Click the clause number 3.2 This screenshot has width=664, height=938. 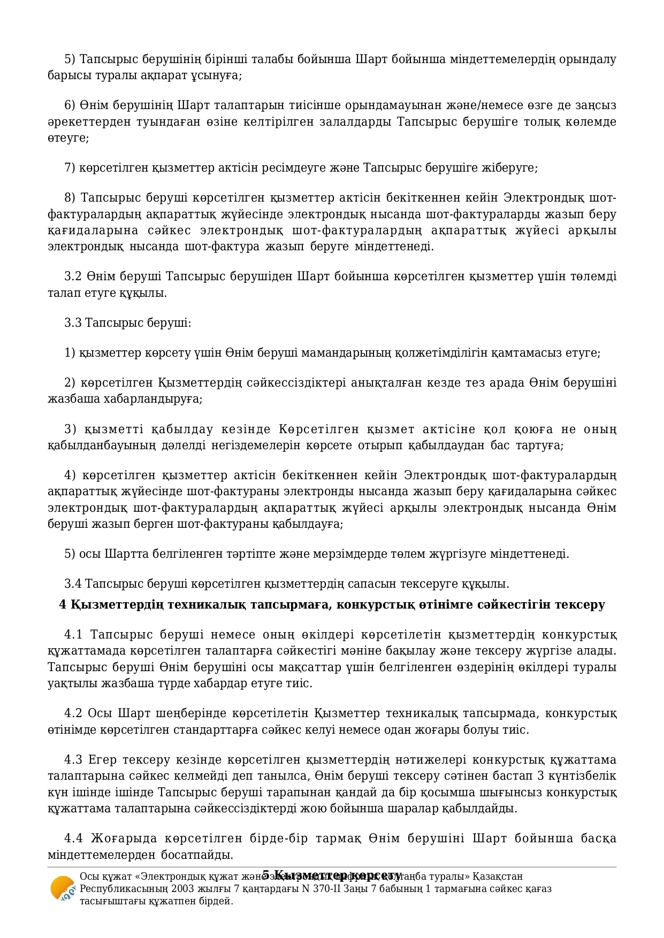[73, 276]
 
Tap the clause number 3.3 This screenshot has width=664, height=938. [73, 322]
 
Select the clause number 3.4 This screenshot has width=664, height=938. [73, 583]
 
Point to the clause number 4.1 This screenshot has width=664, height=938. [73, 635]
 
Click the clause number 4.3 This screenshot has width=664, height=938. [73, 760]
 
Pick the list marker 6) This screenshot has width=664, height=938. [70, 105]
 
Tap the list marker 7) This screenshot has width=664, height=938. [70, 168]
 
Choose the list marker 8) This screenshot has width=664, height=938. [70, 198]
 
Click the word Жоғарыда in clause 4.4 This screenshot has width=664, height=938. [124, 838]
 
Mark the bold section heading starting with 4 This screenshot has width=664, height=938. [332, 605]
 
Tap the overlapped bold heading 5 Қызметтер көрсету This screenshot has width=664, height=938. [332, 876]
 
